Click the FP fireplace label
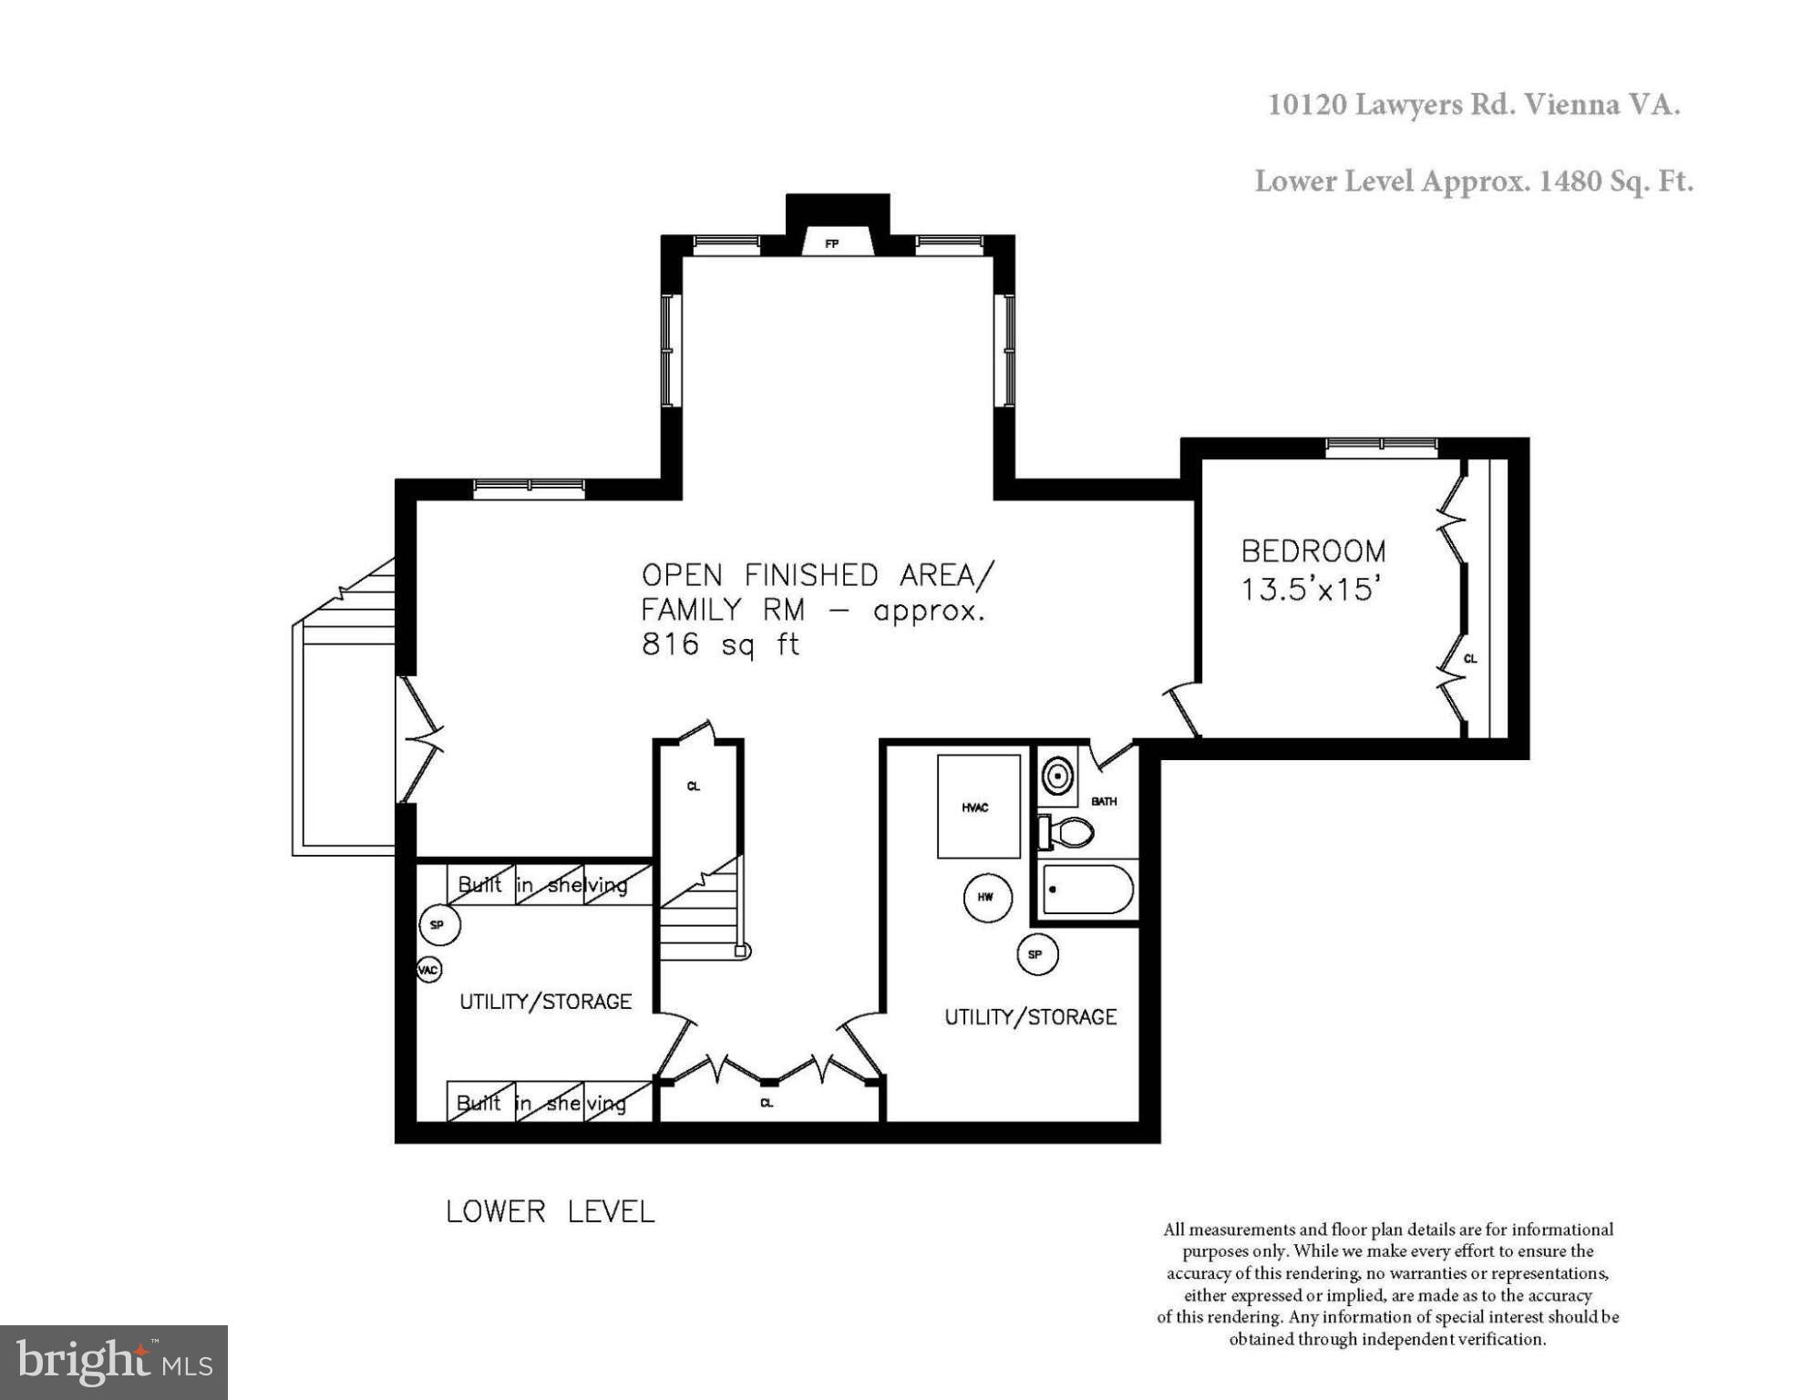[831, 244]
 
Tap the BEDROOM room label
[1313, 551]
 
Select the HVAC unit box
[978, 807]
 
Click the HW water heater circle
[985, 897]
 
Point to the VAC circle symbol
[428, 969]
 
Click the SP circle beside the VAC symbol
[438, 925]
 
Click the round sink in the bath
[1058, 777]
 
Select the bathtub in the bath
[1087, 890]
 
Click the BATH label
[1104, 801]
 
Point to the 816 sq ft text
[720, 644]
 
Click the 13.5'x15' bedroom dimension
[1306, 590]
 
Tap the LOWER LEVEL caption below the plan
[550, 1211]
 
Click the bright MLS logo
[114, 1362]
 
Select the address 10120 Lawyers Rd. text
[1473, 105]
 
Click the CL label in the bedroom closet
[1470, 658]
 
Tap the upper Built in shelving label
[542, 885]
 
